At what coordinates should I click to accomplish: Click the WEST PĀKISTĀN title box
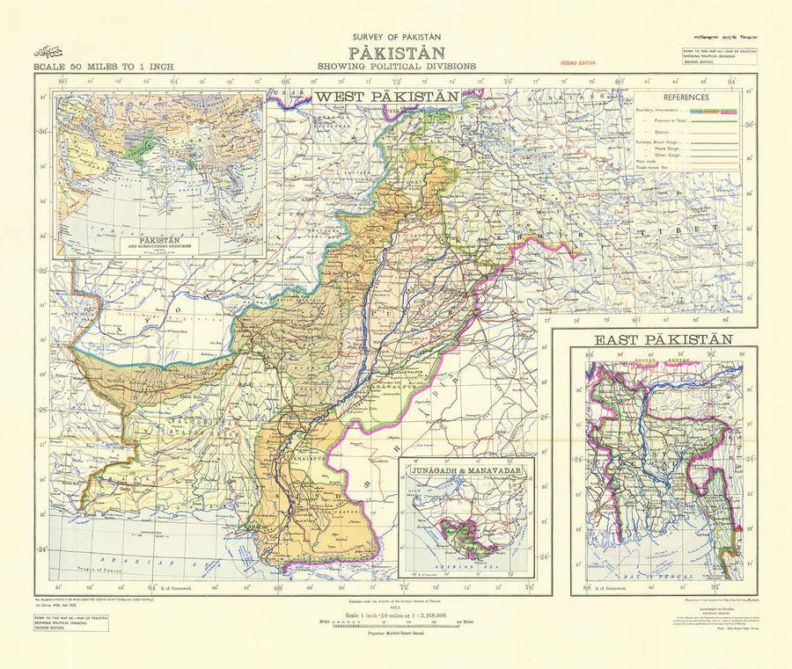tap(387, 96)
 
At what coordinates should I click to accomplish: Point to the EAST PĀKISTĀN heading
tap(664, 339)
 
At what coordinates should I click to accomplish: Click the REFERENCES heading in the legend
tap(687, 98)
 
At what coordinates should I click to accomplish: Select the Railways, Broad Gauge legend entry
tap(656, 141)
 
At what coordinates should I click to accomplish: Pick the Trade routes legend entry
tap(656, 167)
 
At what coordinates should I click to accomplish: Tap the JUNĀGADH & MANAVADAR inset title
tap(466, 471)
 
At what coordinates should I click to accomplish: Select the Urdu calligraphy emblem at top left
tap(48, 51)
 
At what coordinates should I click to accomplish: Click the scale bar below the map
tap(398, 627)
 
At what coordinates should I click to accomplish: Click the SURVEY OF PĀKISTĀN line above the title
tap(398, 37)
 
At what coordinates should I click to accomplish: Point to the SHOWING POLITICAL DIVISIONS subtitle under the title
tap(398, 66)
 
